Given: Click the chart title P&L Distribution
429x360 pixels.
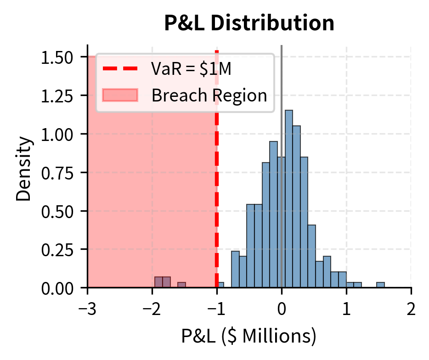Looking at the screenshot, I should tap(249, 24).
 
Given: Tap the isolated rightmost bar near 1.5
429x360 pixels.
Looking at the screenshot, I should tap(380, 285).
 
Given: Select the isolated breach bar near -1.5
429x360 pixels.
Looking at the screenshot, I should tap(181, 285).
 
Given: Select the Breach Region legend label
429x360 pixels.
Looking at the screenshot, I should tap(209, 95).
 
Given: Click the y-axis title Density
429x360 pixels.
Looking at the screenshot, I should tap(24, 167).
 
